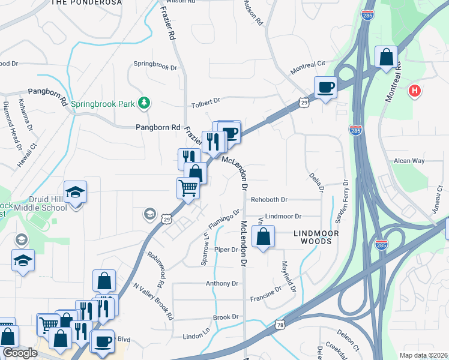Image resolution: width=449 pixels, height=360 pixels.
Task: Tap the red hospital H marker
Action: coord(414,92)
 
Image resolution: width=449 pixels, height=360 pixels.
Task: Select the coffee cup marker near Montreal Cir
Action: coord(325,87)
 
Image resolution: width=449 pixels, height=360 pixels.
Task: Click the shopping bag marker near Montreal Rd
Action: coord(387,58)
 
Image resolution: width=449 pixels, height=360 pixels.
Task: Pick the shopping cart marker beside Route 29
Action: coord(188,188)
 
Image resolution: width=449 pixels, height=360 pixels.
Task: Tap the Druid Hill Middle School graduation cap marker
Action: coord(76,192)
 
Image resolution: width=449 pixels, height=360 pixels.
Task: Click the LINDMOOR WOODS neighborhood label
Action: coord(316,237)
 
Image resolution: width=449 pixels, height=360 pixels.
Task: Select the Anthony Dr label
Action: coord(222,283)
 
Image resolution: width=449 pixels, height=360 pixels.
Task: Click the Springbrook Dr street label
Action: coord(155,64)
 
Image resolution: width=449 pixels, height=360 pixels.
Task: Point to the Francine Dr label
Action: coord(266,292)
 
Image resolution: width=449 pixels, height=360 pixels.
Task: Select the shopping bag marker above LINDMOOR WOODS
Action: coord(263,236)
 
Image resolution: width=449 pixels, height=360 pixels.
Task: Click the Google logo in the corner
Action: coord(20,353)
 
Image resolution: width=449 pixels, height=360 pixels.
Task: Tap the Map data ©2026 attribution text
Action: coord(423,355)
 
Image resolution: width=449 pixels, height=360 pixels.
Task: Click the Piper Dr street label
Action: coord(226,250)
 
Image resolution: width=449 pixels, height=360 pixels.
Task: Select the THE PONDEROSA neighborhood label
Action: coord(87,3)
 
